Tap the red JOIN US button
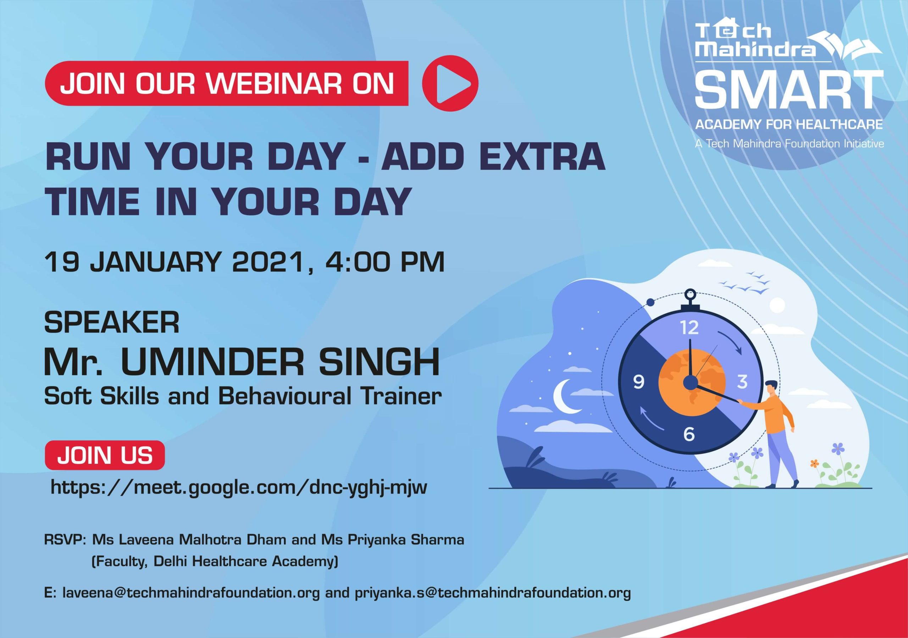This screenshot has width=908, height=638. [x=105, y=455]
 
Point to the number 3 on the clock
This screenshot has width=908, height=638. [x=742, y=382]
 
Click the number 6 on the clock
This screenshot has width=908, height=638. [x=689, y=434]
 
